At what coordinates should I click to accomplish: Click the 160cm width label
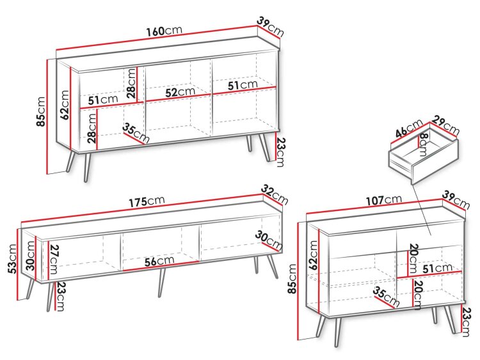pos(164,31)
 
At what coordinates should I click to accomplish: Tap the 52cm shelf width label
pos(180,92)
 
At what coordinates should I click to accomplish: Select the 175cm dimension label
pos(147,201)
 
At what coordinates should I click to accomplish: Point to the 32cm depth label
pos(275,195)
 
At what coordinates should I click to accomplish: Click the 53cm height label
pos(12,259)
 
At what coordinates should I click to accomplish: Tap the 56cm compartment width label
pos(159,261)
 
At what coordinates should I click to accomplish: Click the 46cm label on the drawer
pos(409,129)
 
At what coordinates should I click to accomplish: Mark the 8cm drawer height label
pos(423,145)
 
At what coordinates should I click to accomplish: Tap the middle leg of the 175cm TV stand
pos(161,283)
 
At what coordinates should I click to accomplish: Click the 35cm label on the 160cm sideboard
pos(136,133)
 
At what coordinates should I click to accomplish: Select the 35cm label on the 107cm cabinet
pos(386,297)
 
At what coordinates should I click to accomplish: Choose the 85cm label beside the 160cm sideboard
pos(41,111)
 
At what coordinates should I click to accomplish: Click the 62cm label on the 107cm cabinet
pos(314,255)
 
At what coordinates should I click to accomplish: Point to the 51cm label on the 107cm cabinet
pos(437,269)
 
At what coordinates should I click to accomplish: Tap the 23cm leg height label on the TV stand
pos(61,297)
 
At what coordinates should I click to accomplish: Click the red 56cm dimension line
pos(161,266)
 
